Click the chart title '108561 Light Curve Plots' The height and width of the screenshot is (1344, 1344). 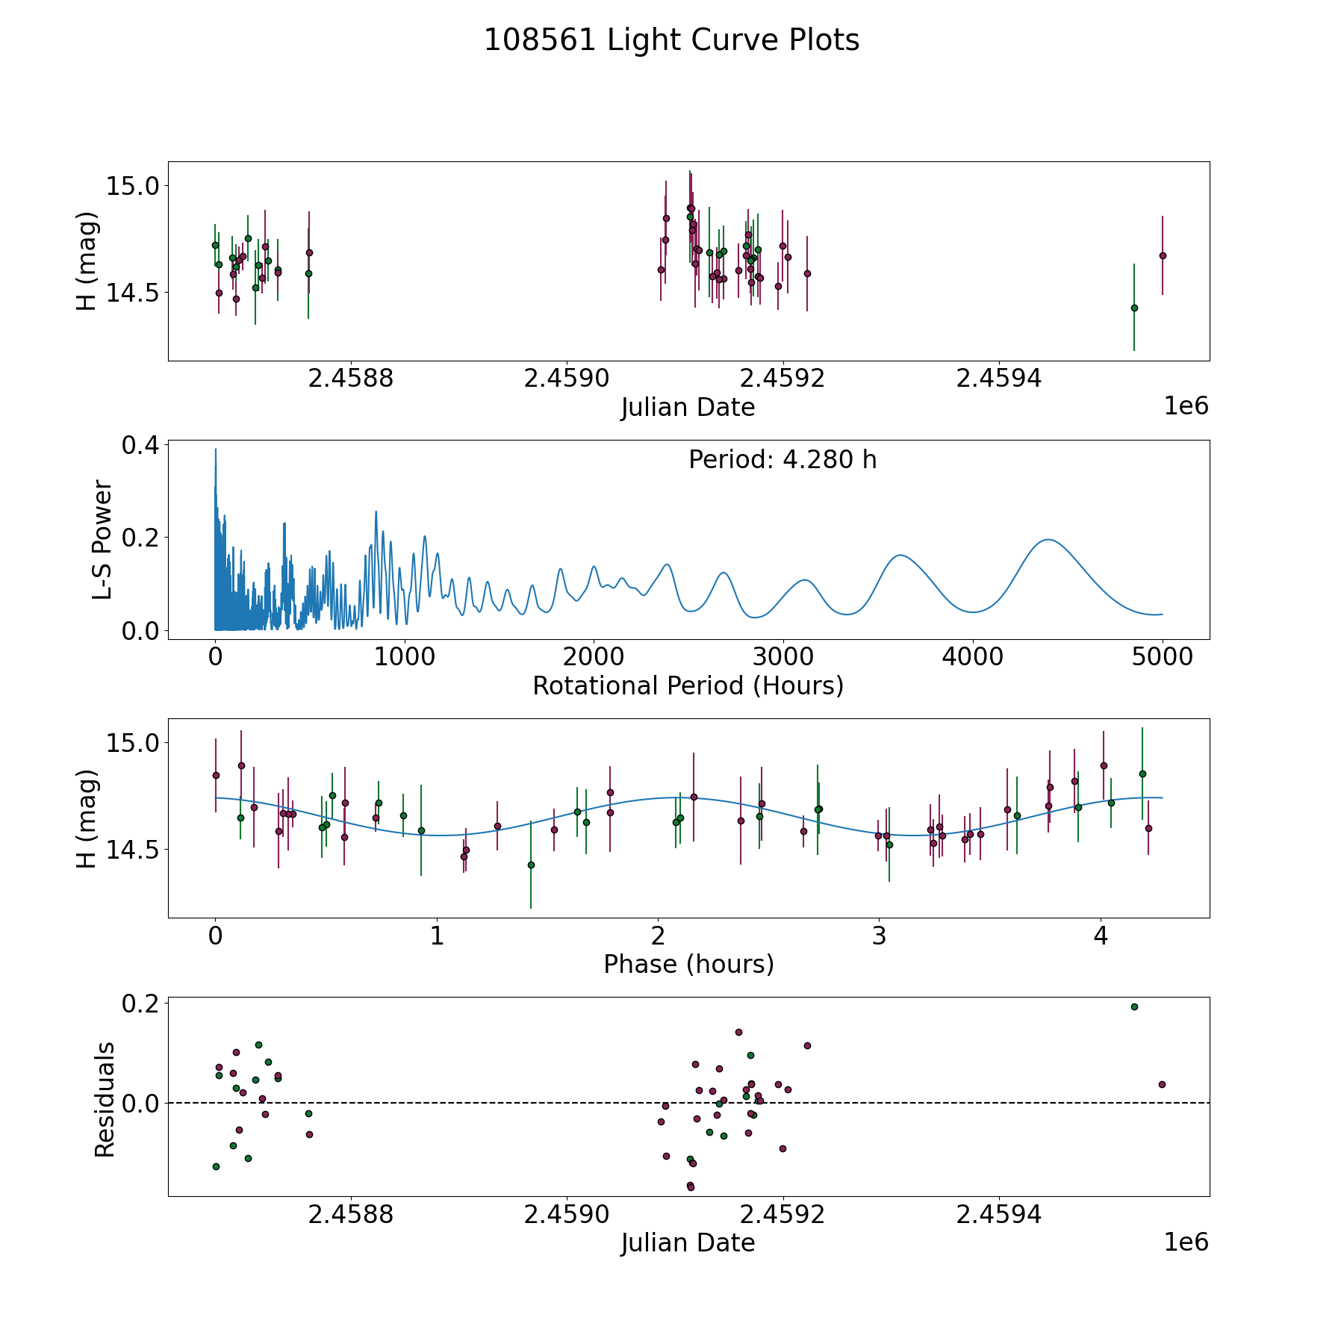[x=671, y=40]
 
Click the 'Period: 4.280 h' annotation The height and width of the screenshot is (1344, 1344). [x=783, y=460]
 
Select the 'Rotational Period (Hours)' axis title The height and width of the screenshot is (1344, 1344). [x=688, y=685]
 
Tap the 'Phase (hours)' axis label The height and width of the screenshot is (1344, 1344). [x=688, y=964]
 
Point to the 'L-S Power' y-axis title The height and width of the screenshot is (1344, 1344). [x=103, y=540]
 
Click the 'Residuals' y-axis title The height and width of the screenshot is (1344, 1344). [x=105, y=1099]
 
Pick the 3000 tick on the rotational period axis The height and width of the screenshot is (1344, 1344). [x=783, y=657]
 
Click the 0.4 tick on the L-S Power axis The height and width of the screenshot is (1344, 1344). [x=140, y=445]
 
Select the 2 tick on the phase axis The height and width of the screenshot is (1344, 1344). [x=658, y=936]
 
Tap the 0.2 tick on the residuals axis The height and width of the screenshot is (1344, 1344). [x=140, y=1004]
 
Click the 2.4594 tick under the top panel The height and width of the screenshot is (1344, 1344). [x=999, y=379]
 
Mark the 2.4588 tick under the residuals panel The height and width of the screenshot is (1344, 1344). [x=351, y=1215]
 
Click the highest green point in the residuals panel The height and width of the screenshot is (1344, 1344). [x=1134, y=1007]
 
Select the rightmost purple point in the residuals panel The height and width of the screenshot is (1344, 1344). [x=1162, y=1084]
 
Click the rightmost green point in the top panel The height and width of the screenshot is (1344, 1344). [x=1134, y=308]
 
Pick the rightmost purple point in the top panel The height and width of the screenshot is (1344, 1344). [x=1163, y=255]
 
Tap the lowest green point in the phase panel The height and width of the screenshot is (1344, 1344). [x=531, y=865]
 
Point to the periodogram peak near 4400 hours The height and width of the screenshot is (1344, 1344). [x=1048, y=539]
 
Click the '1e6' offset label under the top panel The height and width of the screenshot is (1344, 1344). [x=1186, y=406]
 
